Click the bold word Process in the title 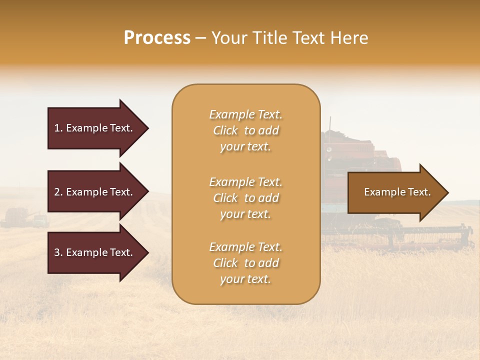(157, 38)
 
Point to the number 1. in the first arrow (58, 128)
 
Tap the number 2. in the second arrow (58, 192)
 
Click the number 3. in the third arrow (58, 252)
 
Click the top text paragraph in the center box (245, 130)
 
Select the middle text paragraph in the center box (245, 198)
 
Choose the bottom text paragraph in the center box (245, 263)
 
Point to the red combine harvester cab (350, 150)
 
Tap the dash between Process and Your (201, 38)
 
